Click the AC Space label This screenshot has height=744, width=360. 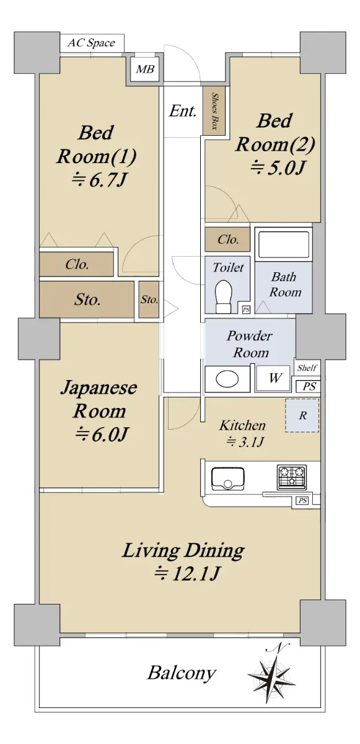[x=91, y=43]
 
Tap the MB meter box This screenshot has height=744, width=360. [x=145, y=69]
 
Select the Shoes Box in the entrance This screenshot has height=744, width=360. [x=214, y=111]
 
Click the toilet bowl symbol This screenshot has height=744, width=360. [x=223, y=296]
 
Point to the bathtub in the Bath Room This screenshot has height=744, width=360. [x=284, y=245]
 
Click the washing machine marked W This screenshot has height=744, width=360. [x=274, y=378]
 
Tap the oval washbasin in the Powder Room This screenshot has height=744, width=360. [x=227, y=379]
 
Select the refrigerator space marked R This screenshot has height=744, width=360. [x=302, y=415]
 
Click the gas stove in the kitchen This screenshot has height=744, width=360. [x=292, y=477]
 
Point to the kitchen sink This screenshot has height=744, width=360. [x=228, y=479]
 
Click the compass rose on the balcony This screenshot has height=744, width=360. [x=271, y=675]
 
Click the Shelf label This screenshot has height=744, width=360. [x=307, y=368]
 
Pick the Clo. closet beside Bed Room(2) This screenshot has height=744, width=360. [x=227, y=239]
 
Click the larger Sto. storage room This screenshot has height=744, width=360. [x=87, y=299]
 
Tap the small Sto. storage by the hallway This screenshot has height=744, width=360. [x=149, y=299]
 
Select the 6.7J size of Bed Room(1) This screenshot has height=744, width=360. [x=99, y=180]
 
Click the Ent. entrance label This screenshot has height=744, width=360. [x=183, y=111]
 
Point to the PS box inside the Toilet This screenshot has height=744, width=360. [x=246, y=309]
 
